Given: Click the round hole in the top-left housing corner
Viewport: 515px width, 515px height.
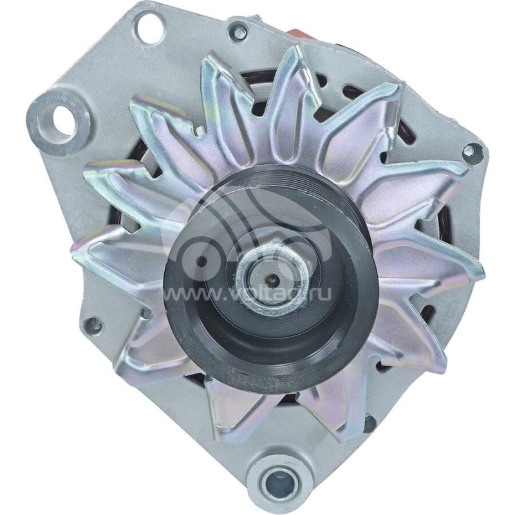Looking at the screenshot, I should tap(149, 28).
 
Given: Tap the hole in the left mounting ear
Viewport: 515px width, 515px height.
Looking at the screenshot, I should tap(62, 118).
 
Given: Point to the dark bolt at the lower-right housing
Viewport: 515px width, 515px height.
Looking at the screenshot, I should tap(368, 424).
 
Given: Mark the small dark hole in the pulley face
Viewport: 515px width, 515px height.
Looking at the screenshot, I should tap(201, 260).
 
